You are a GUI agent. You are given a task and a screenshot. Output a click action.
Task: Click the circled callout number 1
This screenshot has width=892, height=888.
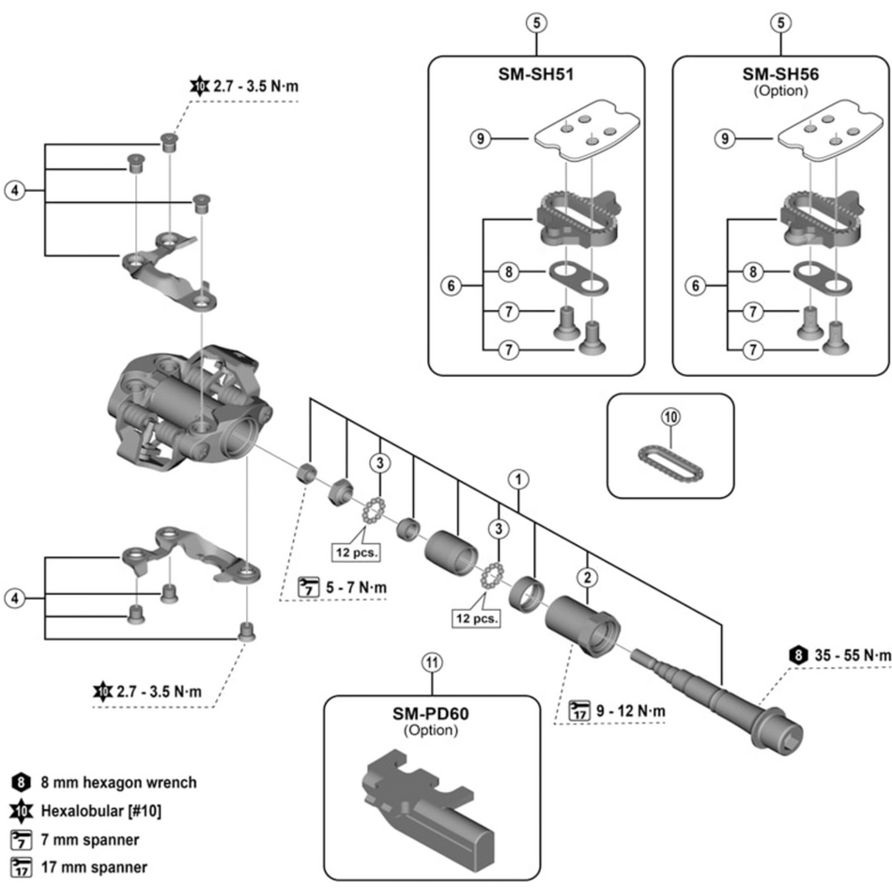(515, 477)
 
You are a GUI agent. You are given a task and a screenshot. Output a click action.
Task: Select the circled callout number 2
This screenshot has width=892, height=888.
(588, 575)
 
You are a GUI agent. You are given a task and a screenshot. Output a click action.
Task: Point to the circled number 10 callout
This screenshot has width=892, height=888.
(673, 414)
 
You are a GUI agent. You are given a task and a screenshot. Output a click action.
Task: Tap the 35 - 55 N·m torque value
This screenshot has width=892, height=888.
(840, 654)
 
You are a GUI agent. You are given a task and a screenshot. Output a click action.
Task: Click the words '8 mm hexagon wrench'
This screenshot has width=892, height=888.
(117, 782)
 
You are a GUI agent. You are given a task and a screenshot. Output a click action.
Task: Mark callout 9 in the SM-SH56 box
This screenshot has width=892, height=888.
(724, 139)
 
